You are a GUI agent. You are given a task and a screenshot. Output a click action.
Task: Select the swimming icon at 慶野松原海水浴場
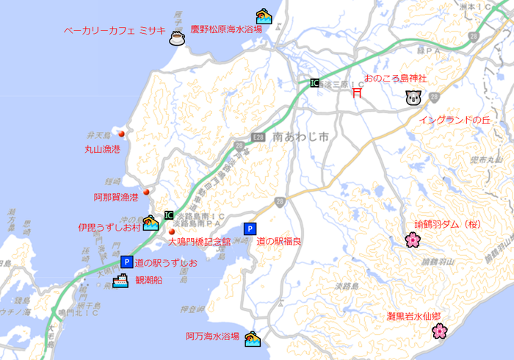pyautogui.click(x=264, y=16)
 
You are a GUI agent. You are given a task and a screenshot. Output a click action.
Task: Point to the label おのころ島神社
pyautogui.click(x=396, y=78)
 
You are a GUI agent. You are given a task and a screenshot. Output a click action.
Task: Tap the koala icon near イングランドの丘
pyautogui.click(x=412, y=98)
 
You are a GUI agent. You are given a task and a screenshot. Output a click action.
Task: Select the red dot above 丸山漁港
pyautogui.click(x=122, y=134)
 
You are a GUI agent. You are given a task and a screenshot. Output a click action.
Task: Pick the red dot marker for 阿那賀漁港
pyautogui.click(x=146, y=192)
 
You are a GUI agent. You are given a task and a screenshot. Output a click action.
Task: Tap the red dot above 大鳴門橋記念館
pyautogui.click(x=172, y=231)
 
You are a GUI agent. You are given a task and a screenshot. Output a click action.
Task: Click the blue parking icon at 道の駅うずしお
pyautogui.click(x=126, y=262)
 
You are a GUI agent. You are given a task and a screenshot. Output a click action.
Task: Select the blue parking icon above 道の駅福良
pyautogui.click(x=250, y=228)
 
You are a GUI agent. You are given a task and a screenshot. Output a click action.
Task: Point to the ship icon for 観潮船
pyautogui.click(x=120, y=280)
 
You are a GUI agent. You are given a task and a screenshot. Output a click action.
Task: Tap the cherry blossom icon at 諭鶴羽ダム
pyautogui.click(x=412, y=240)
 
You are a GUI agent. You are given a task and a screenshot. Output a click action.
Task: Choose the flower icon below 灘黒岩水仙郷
pyautogui.click(x=438, y=331)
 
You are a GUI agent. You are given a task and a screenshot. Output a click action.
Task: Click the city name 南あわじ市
pyautogui.click(x=300, y=137)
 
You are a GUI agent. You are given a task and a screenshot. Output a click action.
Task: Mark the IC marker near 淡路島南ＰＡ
pyautogui.click(x=169, y=215)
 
